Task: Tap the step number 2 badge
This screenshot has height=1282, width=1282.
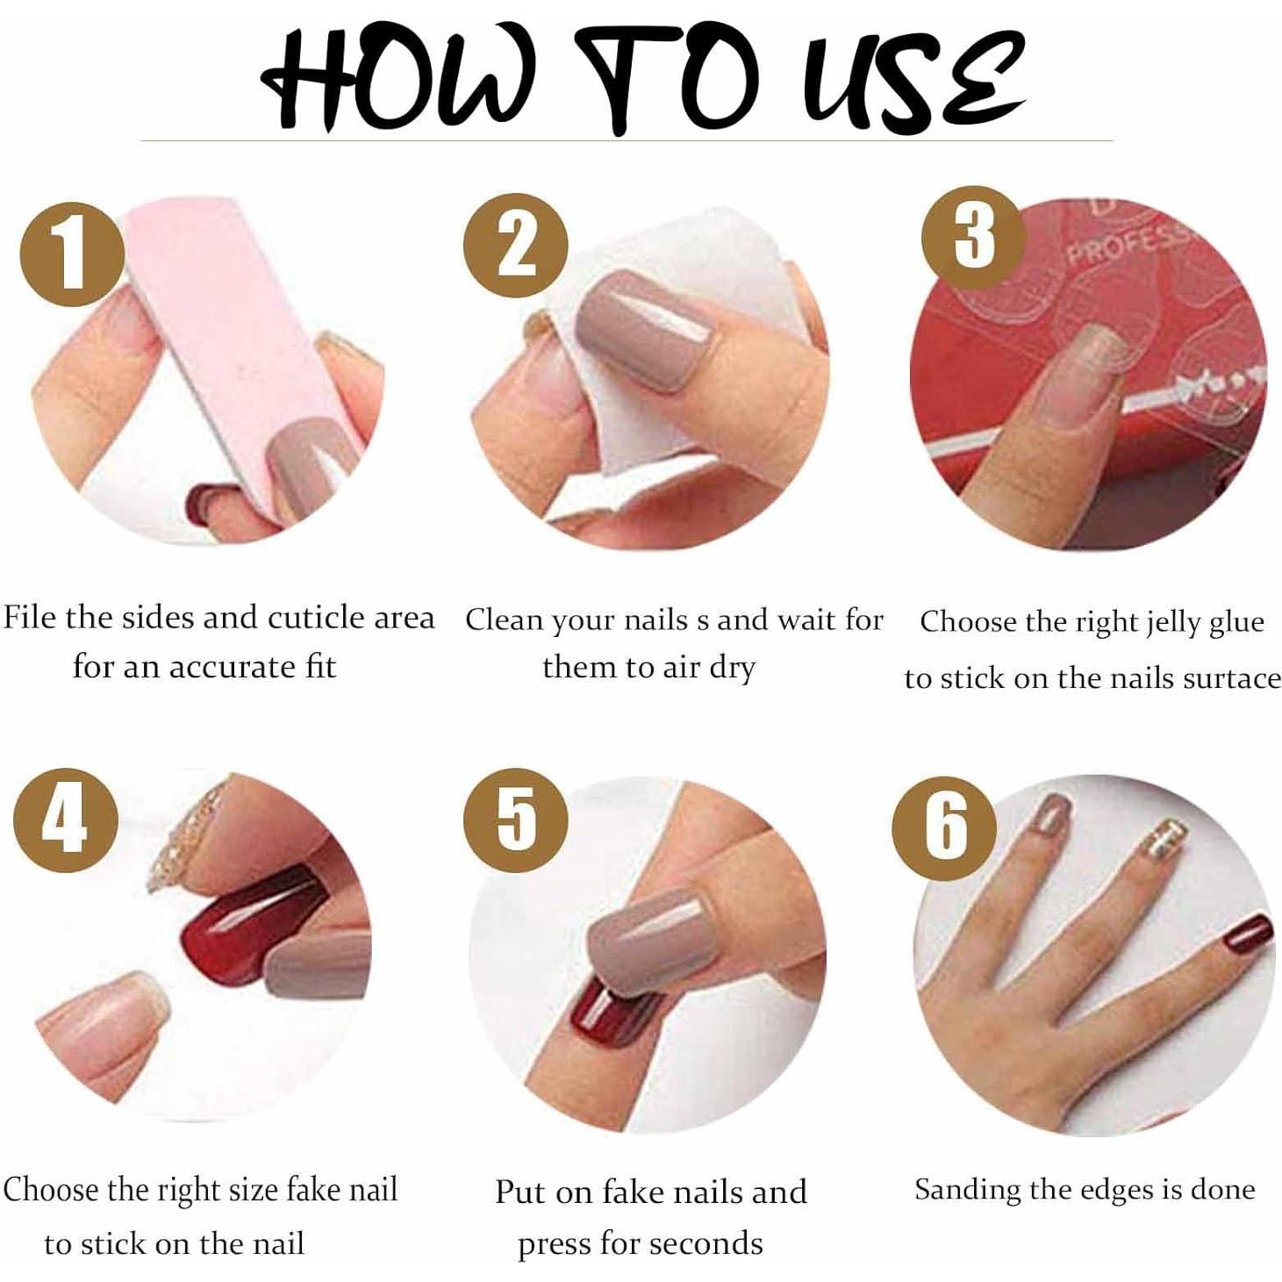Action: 516,245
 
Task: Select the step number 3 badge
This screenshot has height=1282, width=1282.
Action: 973,237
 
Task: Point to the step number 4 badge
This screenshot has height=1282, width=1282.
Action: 65,820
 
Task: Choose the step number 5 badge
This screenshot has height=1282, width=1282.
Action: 516,818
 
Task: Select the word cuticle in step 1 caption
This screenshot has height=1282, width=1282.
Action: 317,618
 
